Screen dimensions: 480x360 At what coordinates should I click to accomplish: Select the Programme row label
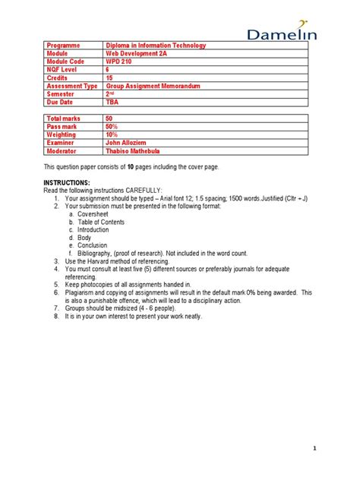tap(62, 46)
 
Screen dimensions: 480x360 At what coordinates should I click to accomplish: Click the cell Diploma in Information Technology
tap(155, 46)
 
